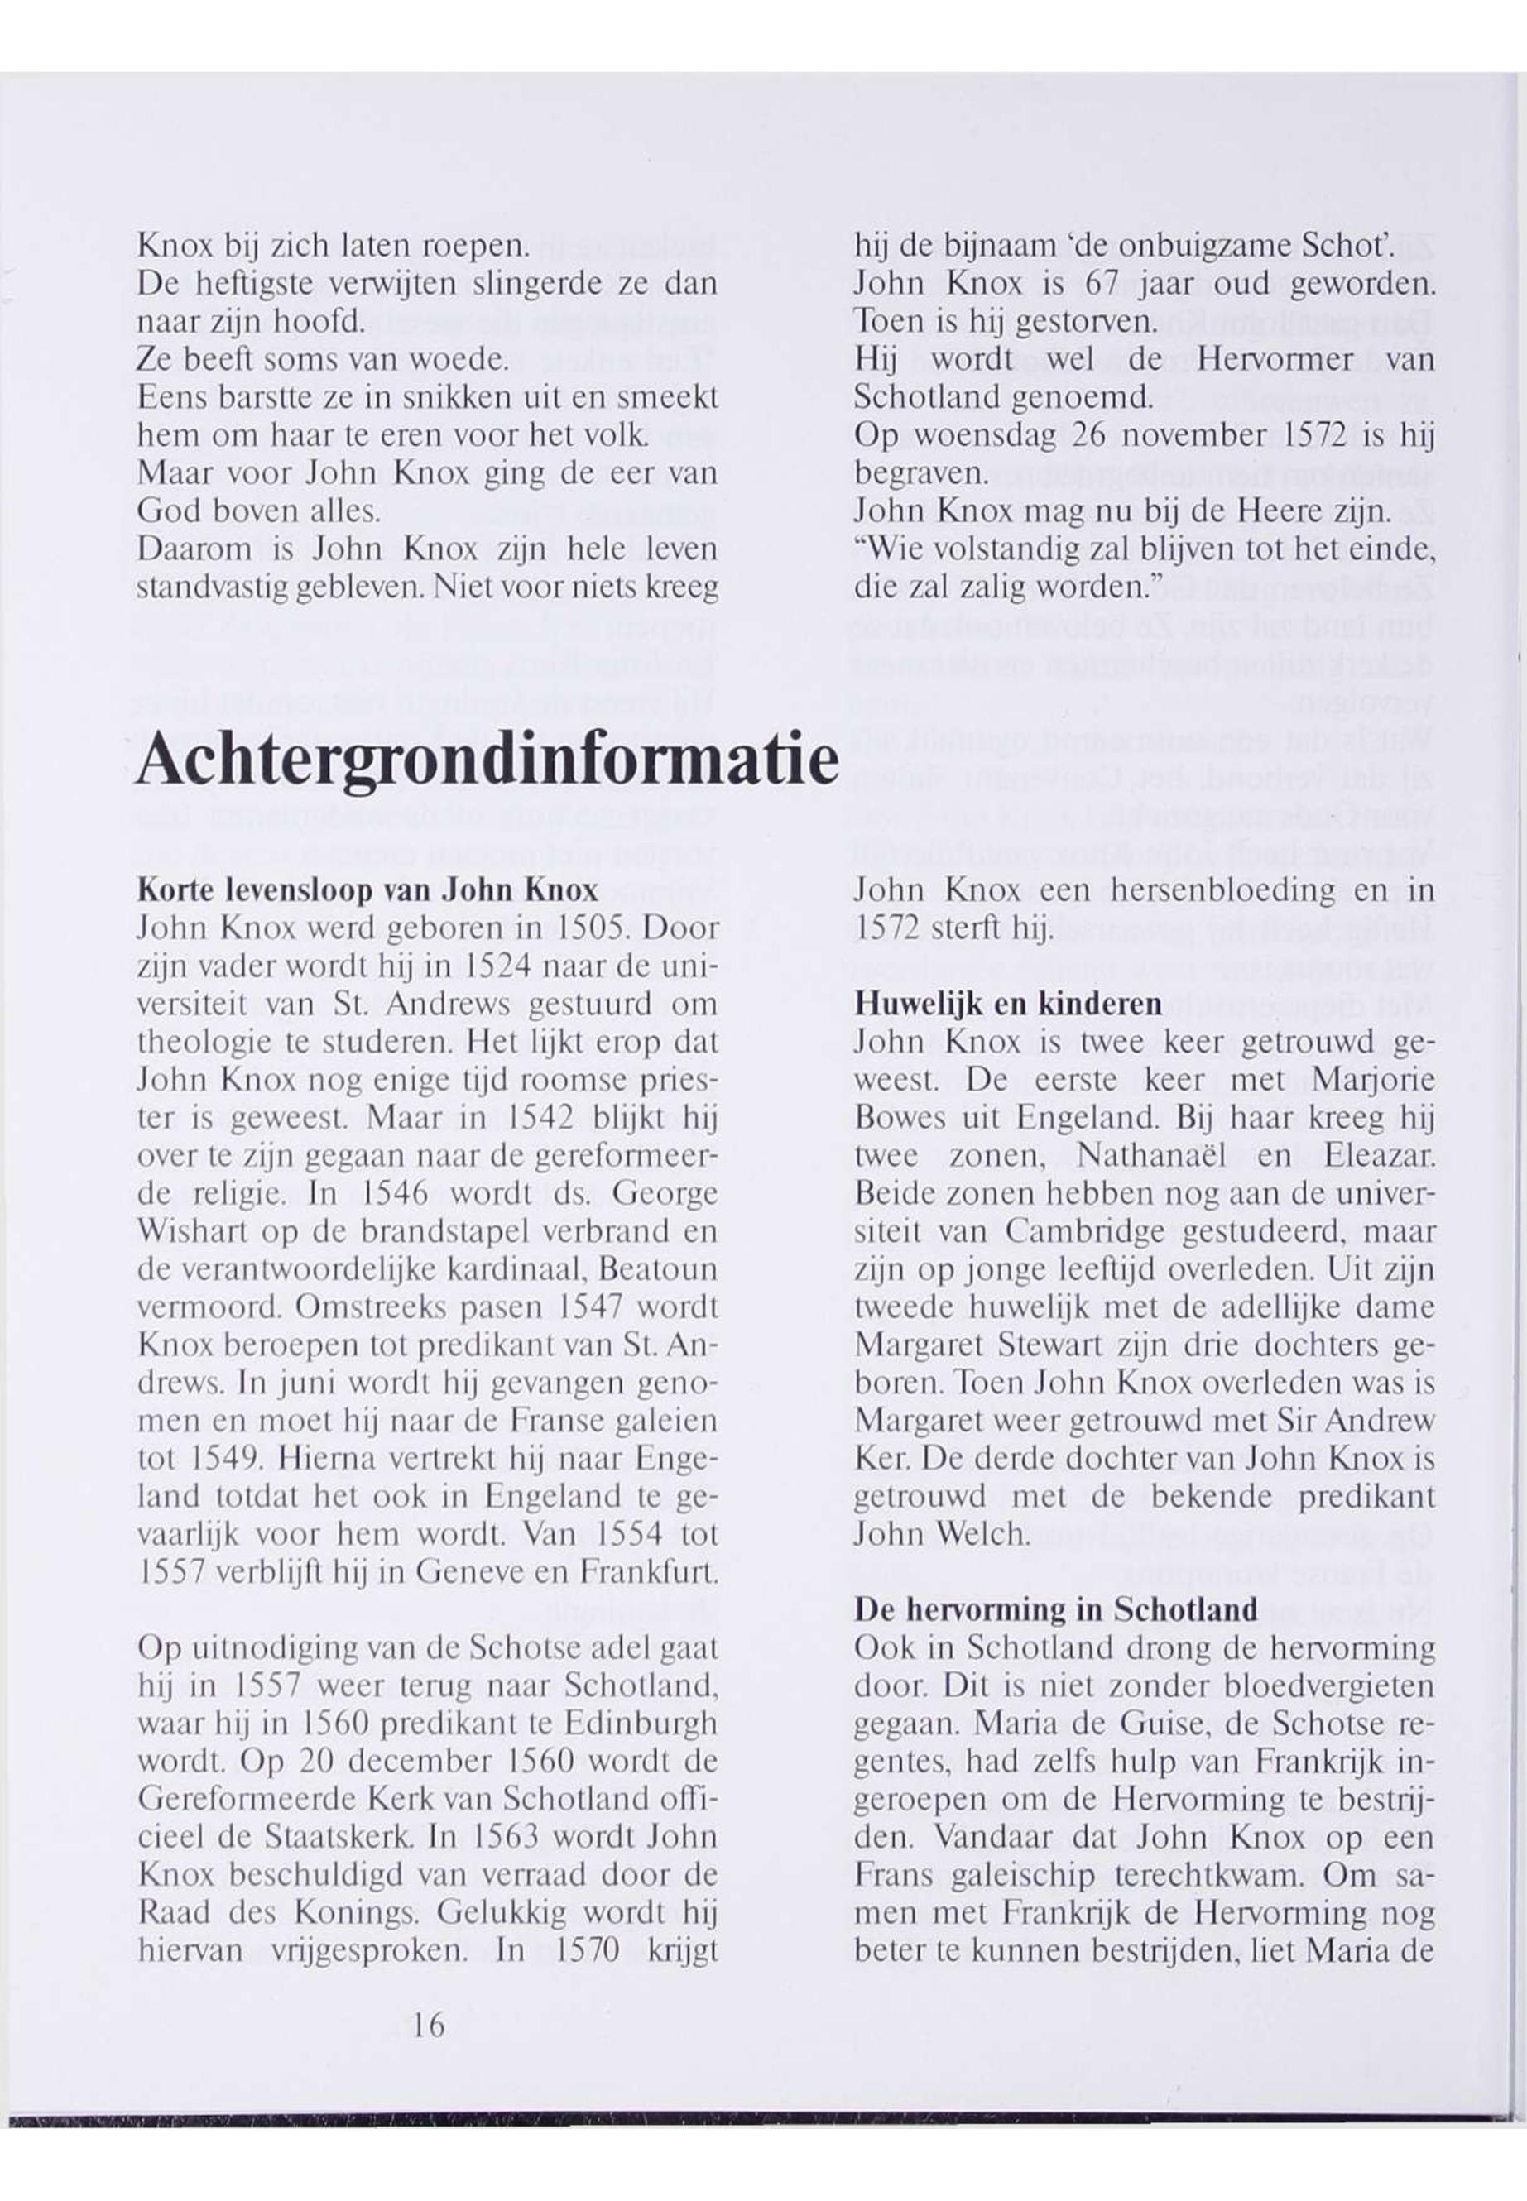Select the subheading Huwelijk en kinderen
pyautogui.click(x=1008, y=1004)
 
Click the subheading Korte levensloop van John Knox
pyautogui.click(x=368, y=890)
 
